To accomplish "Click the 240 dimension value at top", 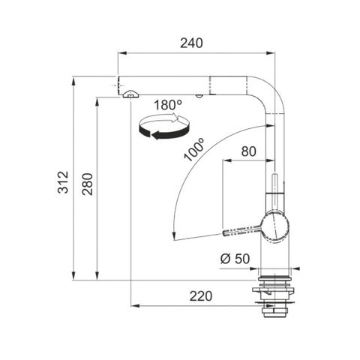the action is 191,43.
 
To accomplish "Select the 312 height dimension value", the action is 63,182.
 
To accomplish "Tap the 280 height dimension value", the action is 88,184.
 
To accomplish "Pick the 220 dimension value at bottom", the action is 201,296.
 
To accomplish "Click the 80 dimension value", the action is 249,151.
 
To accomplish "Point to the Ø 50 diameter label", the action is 235,259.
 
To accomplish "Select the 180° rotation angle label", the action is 168,105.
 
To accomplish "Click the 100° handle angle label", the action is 194,150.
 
